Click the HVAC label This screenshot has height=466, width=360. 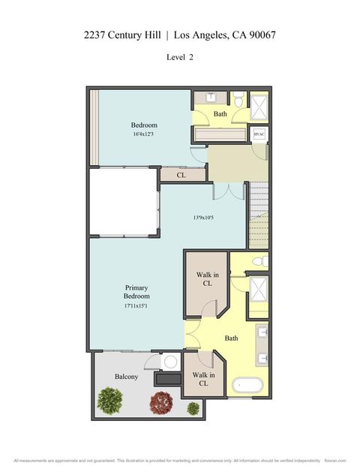coord(259,134)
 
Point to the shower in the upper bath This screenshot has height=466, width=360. coord(259,106)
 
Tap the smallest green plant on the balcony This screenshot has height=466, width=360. coord(193,408)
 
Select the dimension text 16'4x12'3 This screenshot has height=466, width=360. coord(143,135)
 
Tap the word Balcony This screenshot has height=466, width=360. coord(126,377)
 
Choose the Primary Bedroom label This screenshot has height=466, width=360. coord(136,291)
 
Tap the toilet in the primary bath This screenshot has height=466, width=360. coord(258,262)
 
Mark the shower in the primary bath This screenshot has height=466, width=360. coord(259,290)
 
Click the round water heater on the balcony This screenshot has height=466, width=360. coord(170,362)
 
